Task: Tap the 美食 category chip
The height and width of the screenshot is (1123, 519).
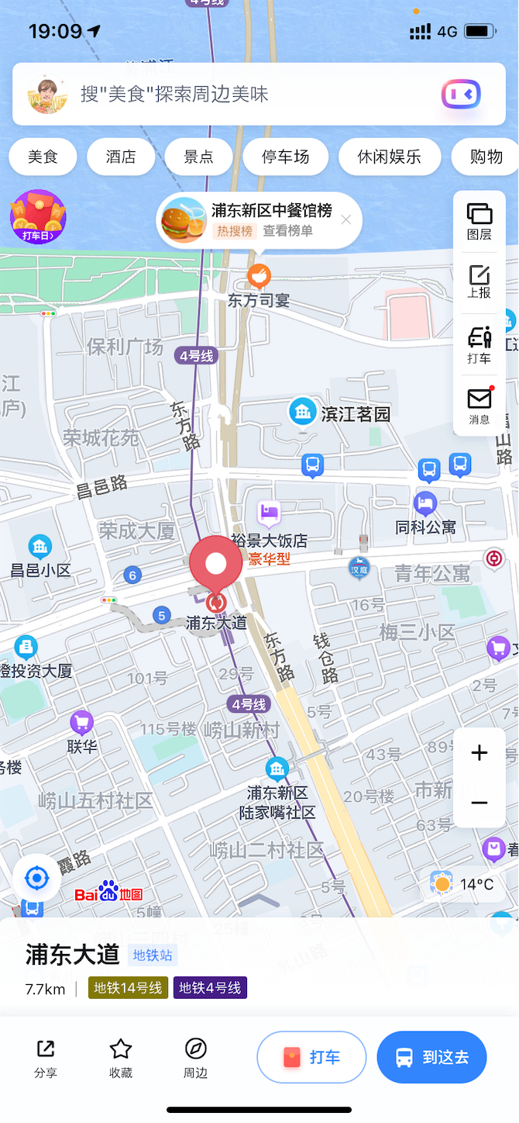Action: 43,157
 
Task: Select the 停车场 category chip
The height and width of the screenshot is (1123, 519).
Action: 285,157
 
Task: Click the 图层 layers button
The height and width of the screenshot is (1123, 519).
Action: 479,221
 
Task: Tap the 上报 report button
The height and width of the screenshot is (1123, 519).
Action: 479,282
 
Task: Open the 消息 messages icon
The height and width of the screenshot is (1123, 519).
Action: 479,406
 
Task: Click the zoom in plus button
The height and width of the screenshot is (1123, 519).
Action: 479,753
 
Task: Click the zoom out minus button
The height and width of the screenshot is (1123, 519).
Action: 479,803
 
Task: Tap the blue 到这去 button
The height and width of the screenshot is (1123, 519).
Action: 431,1057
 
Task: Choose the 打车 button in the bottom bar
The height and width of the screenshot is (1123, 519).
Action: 311,1057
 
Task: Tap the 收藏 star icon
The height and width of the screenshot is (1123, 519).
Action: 121,1057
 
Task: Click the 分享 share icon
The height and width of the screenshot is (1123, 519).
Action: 46,1057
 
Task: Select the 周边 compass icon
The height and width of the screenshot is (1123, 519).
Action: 196,1057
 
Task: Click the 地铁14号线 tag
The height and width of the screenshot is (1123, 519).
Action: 128,988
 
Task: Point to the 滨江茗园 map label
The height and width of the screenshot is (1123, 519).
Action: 356,414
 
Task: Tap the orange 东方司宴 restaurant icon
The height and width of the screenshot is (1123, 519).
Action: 259,275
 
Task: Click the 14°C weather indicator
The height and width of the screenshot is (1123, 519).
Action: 465,884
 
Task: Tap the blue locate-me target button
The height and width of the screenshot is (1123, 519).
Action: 36,879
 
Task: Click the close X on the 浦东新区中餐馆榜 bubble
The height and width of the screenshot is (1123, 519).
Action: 346,219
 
